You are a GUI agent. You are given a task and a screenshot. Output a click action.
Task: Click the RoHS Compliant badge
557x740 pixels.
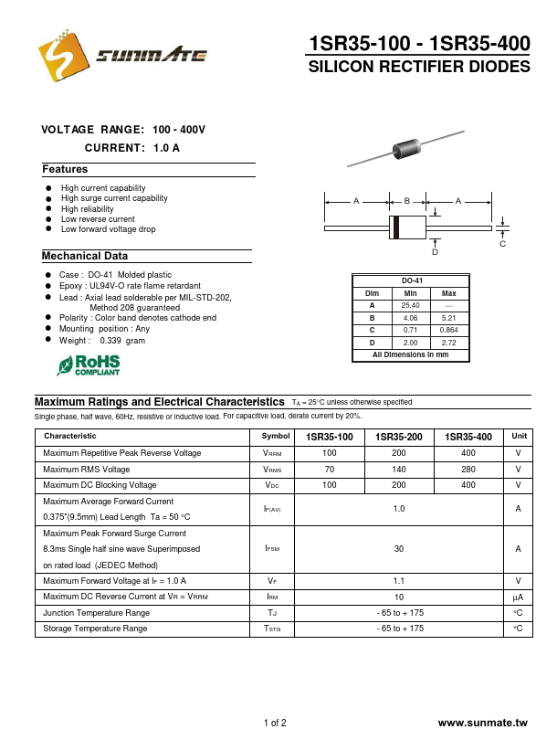[x=89, y=365]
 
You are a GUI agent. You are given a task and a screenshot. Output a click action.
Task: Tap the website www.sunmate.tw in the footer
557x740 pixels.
[x=483, y=723]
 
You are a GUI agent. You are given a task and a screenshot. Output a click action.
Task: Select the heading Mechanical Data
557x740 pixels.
[x=85, y=257]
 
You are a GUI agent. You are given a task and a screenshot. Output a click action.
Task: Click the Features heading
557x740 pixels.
[x=65, y=170]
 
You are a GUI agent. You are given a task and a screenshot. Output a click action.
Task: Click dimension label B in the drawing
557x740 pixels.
[x=407, y=200]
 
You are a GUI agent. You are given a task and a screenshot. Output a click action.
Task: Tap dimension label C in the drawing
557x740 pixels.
[x=501, y=244]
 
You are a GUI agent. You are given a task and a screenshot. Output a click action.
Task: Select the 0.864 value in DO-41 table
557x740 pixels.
[x=449, y=329]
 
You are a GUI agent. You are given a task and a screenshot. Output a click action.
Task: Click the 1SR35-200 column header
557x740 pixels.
[x=398, y=437]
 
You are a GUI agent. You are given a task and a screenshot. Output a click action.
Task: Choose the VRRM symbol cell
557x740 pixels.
[x=272, y=453]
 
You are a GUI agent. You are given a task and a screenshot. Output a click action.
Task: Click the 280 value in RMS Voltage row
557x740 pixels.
[x=468, y=470]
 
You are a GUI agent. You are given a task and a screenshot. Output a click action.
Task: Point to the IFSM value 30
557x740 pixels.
[x=399, y=549]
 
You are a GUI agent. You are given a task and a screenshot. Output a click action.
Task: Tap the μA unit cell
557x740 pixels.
[x=518, y=597]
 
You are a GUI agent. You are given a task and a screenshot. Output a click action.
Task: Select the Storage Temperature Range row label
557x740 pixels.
[x=95, y=629]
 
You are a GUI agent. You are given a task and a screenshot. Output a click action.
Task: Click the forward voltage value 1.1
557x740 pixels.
[x=399, y=580]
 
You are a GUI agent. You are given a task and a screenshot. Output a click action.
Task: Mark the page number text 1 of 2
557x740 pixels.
[x=275, y=723]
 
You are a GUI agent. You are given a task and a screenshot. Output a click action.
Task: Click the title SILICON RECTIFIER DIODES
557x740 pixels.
[x=419, y=68]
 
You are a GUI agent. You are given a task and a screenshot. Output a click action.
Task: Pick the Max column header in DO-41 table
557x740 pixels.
[x=449, y=293]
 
